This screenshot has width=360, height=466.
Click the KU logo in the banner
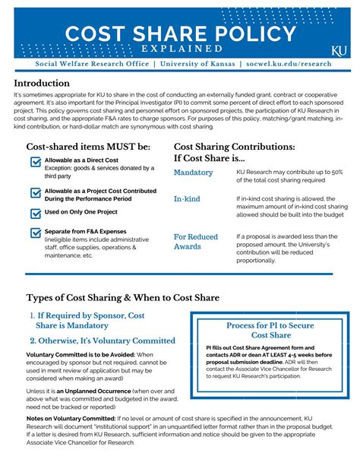(x=338, y=50)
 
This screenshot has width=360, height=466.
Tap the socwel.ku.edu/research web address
(x=289, y=64)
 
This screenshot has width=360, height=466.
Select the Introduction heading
(x=46, y=83)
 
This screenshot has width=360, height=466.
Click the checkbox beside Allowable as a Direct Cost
(x=36, y=162)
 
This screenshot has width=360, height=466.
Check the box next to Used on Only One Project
(x=36, y=214)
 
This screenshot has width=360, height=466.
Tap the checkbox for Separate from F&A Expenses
(x=36, y=233)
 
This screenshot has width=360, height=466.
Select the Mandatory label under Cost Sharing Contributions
(x=194, y=173)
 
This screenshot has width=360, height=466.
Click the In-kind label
(x=188, y=198)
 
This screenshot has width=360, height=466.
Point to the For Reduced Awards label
(x=197, y=242)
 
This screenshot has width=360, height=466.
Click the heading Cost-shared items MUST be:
(x=88, y=145)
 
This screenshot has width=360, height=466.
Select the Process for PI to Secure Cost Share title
(x=270, y=330)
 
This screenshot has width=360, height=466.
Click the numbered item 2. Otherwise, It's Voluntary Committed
(x=103, y=341)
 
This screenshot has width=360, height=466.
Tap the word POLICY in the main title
(x=254, y=33)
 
